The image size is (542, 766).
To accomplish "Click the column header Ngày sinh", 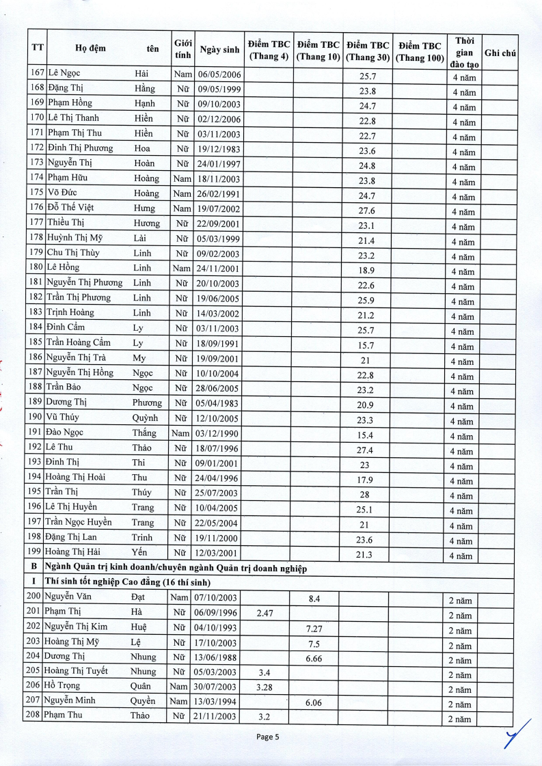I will pos(219,49).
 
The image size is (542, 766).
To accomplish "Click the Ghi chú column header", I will pos(500,53).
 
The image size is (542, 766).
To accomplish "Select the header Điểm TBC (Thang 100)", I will pos(420,52).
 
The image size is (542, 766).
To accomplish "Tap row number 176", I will pos(37,207).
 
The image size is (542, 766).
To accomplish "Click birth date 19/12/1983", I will pos(219,148).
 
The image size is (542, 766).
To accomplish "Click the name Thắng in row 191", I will pos(144,433).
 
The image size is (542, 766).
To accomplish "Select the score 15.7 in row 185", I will pos(367,346).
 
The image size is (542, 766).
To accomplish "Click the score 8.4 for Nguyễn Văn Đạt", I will pos(314,599).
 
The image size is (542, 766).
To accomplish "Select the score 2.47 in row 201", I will pos(265,614).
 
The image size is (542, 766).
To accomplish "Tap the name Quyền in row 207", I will pos(143,701).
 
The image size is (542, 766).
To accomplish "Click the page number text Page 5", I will pos(268,737).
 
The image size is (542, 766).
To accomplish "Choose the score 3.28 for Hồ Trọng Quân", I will pos(265,687).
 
